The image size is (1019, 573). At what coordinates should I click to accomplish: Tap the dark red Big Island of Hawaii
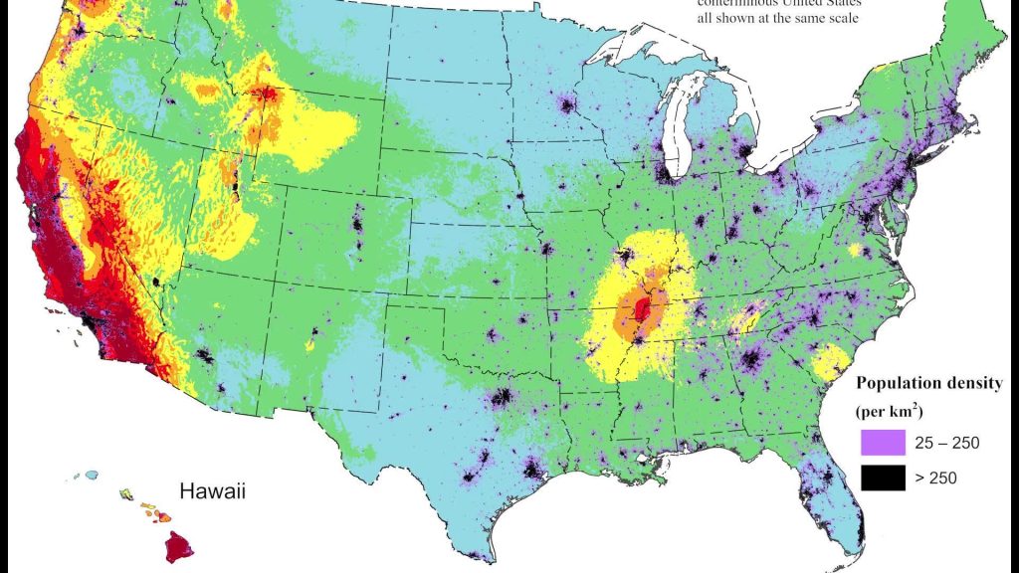[180, 546]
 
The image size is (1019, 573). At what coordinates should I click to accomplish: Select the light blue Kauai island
[91, 477]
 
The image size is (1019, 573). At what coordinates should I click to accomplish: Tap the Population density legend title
[928, 384]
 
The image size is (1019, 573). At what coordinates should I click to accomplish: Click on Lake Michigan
[680, 119]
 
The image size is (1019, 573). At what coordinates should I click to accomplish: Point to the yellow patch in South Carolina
[825, 363]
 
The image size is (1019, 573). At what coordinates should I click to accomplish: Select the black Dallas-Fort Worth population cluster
[503, 399]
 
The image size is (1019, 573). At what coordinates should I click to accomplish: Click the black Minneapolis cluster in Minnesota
[568, 104]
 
